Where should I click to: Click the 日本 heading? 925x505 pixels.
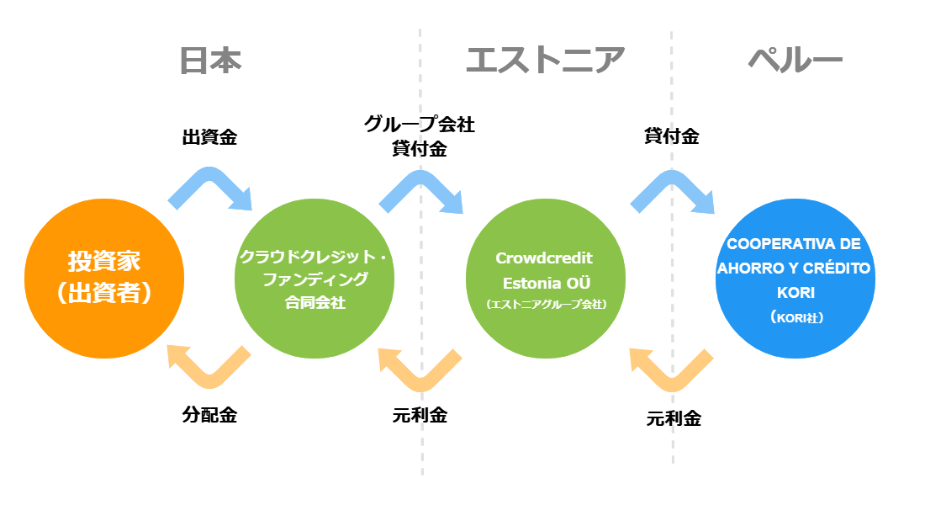tap(210, 61)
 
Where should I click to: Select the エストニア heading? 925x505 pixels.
tap(545, 61)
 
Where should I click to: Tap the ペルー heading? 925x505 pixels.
tap(795, 61)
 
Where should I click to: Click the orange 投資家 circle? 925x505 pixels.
tap(104, 278)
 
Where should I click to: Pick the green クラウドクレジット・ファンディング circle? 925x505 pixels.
tap(314, 278)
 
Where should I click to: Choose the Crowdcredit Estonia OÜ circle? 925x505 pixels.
tap(546, 278)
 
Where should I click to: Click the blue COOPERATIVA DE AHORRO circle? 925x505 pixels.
tap(795, 278)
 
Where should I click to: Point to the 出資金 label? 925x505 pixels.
tap(209, 136)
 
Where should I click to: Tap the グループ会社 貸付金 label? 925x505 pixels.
tap(420, 137)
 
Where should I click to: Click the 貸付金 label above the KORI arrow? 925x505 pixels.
tap(671, 136)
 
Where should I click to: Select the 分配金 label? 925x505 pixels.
tap(209, 415)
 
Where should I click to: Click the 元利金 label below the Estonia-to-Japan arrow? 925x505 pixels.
tap(420, 415)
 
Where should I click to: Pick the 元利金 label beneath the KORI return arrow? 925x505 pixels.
tap(674, 418)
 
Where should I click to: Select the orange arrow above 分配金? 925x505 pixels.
tap(209, 367)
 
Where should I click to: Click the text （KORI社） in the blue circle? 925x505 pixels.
tap(795, 319)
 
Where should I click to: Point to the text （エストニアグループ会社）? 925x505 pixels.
tap(546, 305)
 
